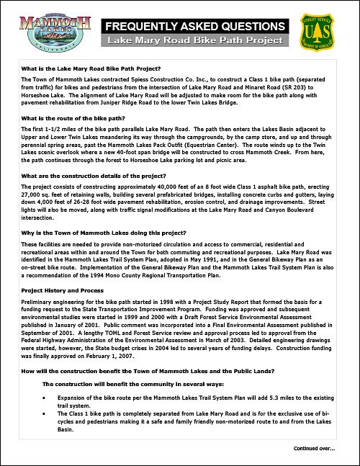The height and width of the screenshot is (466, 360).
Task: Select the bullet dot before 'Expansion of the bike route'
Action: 47,397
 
